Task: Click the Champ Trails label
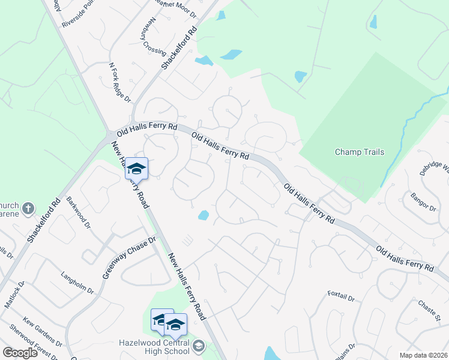(x=359, y=152)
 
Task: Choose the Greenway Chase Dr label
(x=128, y=257)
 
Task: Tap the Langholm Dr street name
(x=77, y=283)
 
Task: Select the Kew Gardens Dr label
(x=42, y=332)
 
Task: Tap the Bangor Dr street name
(x=423, y=201)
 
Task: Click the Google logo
(x=20, y=353)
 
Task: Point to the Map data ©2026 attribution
(x=423, y=355)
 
